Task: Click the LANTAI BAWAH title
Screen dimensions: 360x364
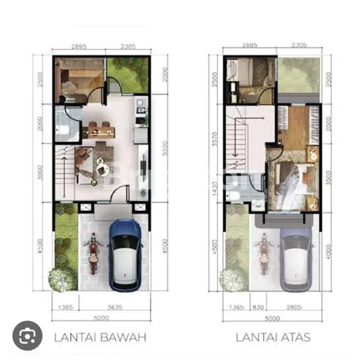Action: point(100,336)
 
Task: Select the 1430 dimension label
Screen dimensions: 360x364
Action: point(214,188)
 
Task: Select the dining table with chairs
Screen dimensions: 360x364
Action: point(101,130)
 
